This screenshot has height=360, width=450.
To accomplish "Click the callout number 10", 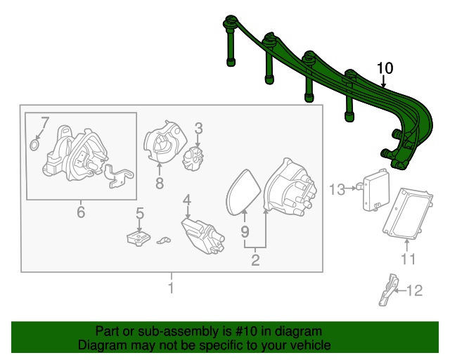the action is [385, 69].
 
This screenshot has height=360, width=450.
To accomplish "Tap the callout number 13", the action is [337, 189].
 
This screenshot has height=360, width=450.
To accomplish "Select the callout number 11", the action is [408, 259].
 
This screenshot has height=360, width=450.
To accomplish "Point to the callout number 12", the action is [415, 290].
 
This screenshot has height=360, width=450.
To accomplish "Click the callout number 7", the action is [45, 122].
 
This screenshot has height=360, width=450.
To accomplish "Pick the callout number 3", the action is [198, 129].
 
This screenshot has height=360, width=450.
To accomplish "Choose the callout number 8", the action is [160, 183].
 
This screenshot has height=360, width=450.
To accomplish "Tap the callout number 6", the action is [81, 212].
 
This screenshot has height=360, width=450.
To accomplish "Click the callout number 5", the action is [140, 214].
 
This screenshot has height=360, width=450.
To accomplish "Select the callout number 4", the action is [187, 200].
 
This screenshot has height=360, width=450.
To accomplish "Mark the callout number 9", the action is [245, 231].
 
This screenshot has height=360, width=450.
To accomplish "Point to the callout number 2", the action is [255, 260].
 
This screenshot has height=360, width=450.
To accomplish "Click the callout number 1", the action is [171, 288].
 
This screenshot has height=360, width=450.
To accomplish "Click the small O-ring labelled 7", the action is [34, 145].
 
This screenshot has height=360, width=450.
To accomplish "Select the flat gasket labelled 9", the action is [243, 192].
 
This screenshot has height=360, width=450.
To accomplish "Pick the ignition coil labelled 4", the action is [202, 236].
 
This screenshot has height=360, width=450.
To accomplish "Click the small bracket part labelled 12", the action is [389, 290].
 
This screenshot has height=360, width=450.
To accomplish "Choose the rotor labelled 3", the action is [193, 158].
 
